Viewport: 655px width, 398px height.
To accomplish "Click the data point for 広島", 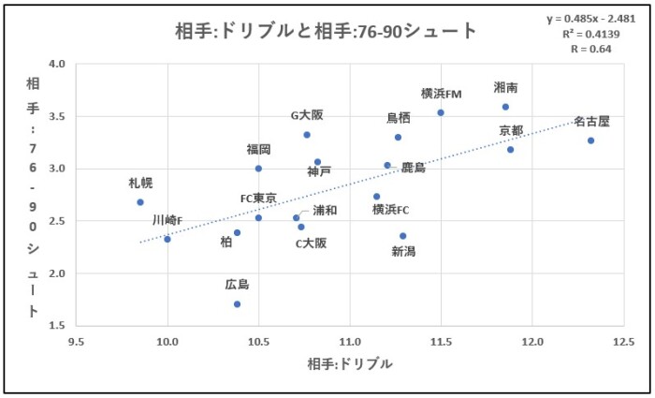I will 238,304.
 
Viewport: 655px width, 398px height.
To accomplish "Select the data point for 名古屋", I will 590,140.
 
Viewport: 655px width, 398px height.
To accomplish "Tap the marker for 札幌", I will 140,202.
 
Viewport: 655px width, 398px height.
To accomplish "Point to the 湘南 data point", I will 505,107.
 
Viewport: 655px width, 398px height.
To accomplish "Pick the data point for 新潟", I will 402,236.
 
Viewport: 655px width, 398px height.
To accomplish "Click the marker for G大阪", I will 307,135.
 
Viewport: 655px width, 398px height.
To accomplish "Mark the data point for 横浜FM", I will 441,112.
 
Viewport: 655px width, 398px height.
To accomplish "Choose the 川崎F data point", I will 167,239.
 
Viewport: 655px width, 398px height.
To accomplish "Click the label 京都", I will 511,130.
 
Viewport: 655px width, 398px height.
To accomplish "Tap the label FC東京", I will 258,199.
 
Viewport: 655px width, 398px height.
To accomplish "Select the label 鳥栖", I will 399,118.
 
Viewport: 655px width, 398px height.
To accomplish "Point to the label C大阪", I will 312,243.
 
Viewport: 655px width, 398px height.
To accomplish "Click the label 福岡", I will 259,150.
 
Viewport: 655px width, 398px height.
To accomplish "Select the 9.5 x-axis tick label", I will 77,340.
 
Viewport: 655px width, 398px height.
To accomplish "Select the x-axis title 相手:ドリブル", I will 349,363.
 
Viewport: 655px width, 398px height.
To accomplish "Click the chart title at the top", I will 326,31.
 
